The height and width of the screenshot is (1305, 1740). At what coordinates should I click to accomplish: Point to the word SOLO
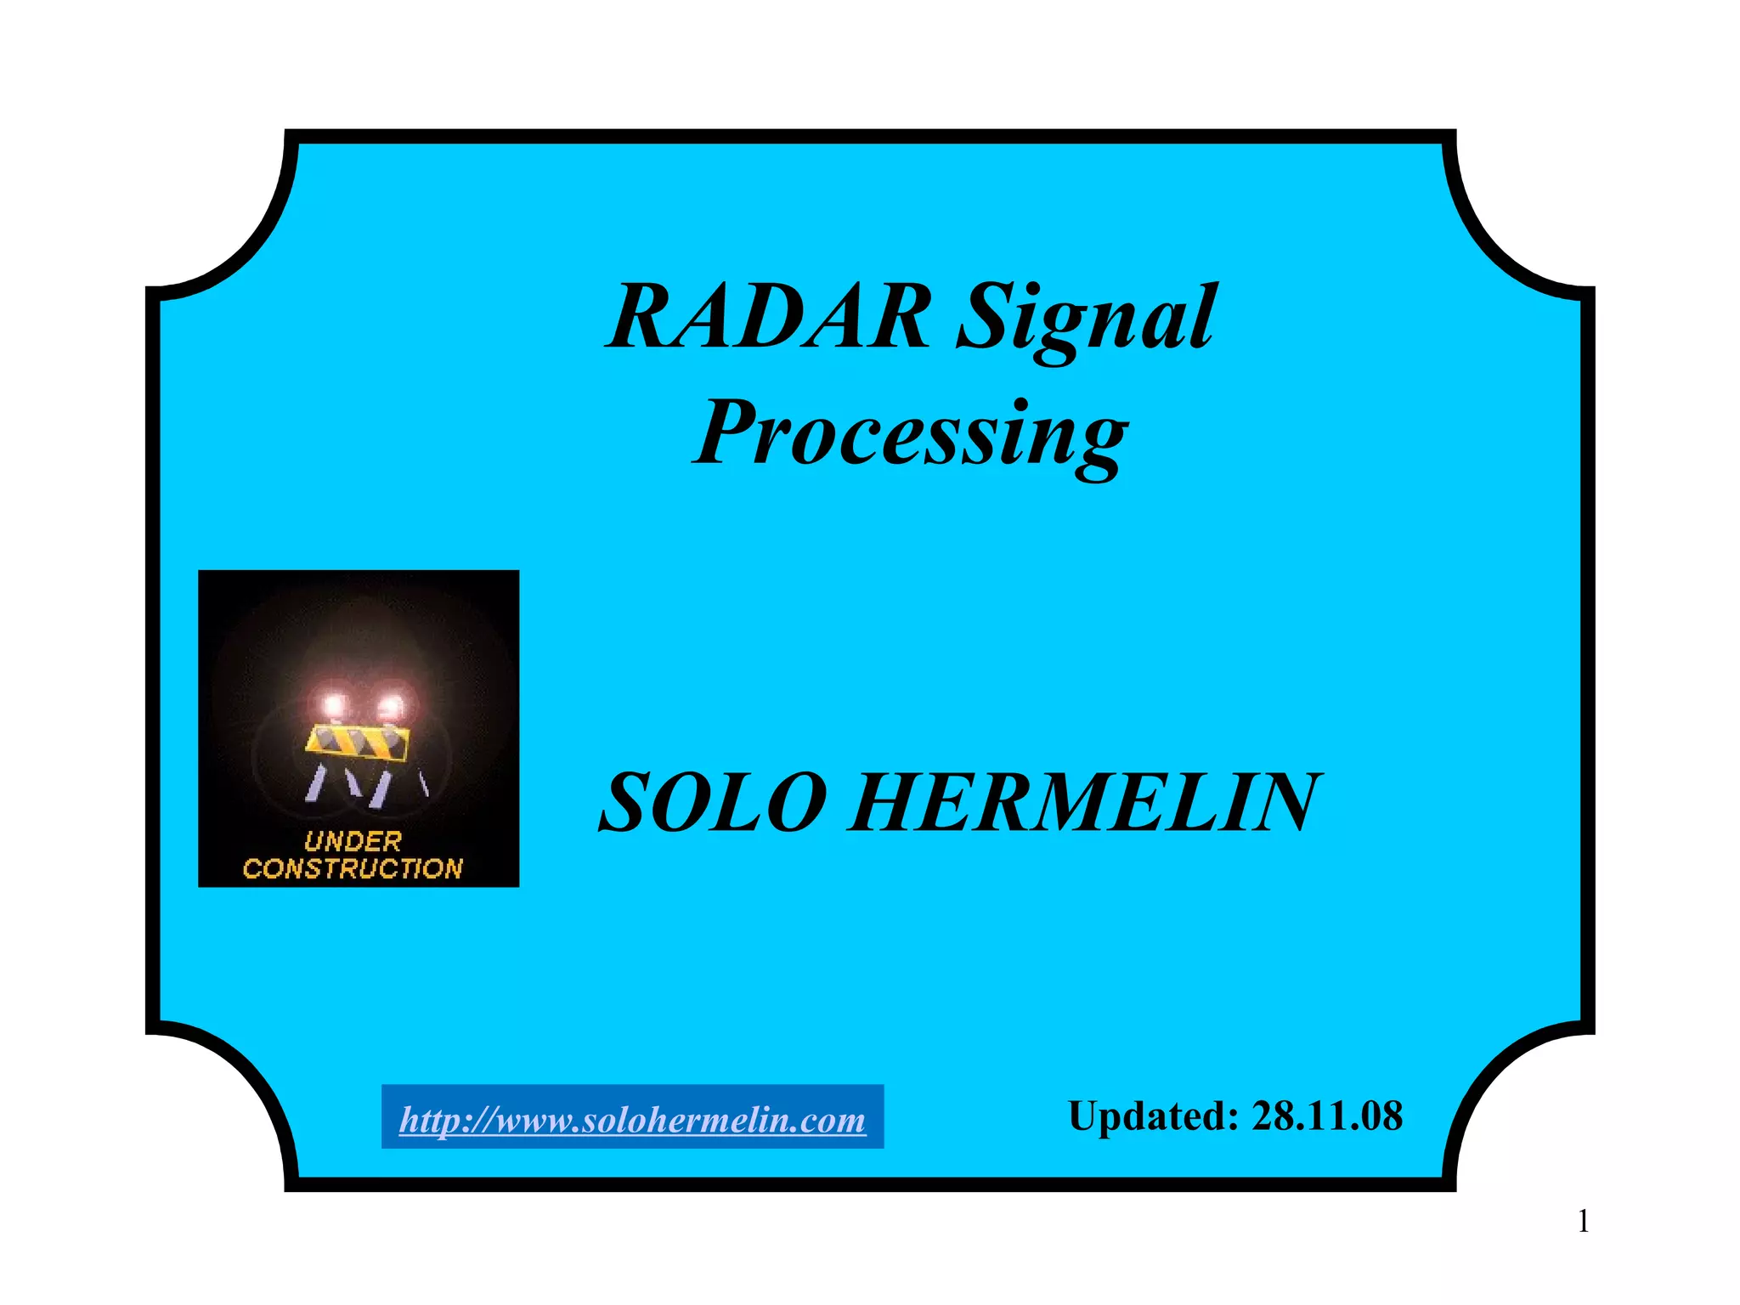pyautogui.click(x=712, y=802)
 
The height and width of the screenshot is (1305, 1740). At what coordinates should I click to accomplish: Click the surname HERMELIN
pyautogui.click(x=1082, y=802)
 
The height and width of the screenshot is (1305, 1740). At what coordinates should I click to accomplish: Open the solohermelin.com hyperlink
pyautogui.click(x=632, y=1119)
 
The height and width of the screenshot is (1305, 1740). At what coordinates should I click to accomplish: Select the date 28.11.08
pyautogui.click(x=1326, y=1116)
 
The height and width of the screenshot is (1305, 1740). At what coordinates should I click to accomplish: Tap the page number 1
pyautogui.click(x=1583, y=1222)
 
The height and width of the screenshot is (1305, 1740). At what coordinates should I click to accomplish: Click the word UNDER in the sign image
pyautogui.click(x=353, y=842)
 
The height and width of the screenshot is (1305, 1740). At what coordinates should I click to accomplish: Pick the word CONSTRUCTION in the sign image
pyautogui.click(x=353, y=868)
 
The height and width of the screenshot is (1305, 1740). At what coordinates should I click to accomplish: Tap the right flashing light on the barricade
pyautogui.click(x=392, y=705)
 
